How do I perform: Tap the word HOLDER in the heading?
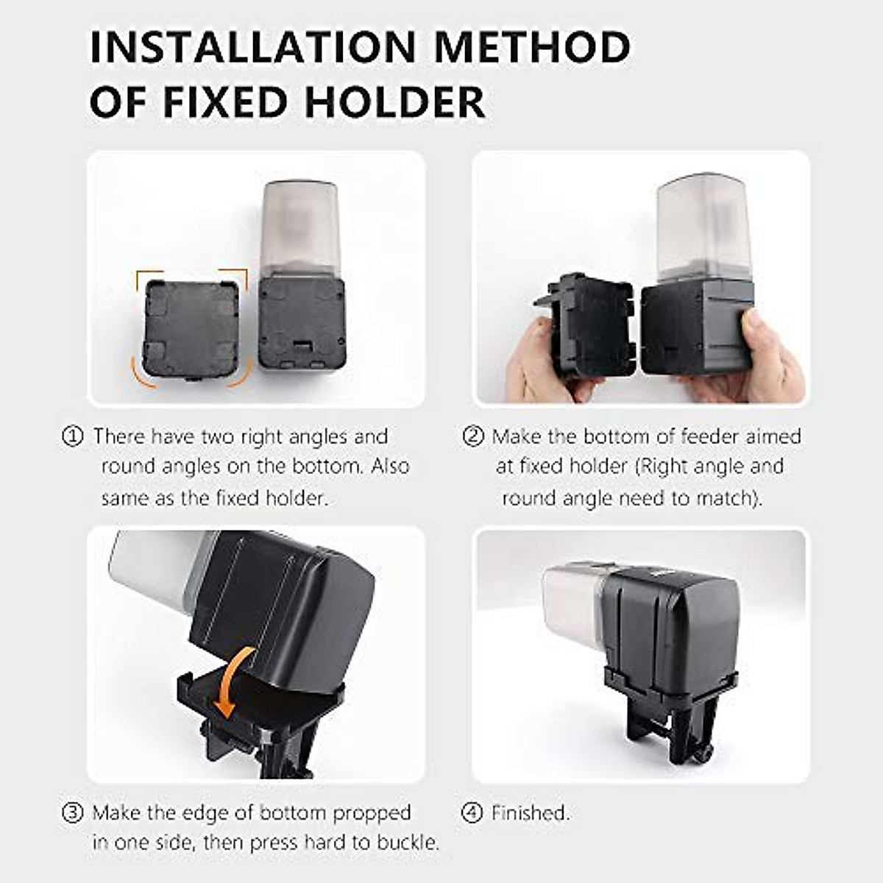394,102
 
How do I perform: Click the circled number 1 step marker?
72,436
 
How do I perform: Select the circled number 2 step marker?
472,436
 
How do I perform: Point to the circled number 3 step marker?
72,812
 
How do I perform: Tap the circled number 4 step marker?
472,812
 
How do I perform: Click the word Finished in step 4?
530,812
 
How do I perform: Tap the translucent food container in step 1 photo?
300,228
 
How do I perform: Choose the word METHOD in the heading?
531,47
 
